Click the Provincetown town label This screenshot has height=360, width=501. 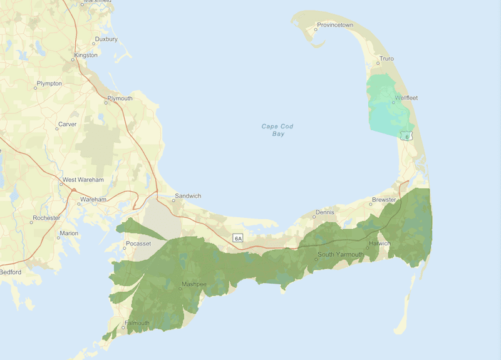(335, 25)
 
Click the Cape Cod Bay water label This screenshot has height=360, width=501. (277, 130)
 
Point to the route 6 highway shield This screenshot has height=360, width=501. (407, 135)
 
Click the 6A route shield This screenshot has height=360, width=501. (237, 238)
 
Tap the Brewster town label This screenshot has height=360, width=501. (384, 200)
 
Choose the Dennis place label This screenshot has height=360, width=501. (325, 212)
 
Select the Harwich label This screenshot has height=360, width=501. (380, 244)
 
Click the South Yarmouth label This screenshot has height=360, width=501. (340, 254)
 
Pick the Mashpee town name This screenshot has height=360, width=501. (194, 284)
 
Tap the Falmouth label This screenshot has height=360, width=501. (137, 323)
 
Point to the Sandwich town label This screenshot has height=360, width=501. (187, 196)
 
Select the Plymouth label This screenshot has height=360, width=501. (120, 98)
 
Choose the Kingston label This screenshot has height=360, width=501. (86, 55)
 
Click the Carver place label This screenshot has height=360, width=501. (67, 124)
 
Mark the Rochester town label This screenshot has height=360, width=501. (48, 218)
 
